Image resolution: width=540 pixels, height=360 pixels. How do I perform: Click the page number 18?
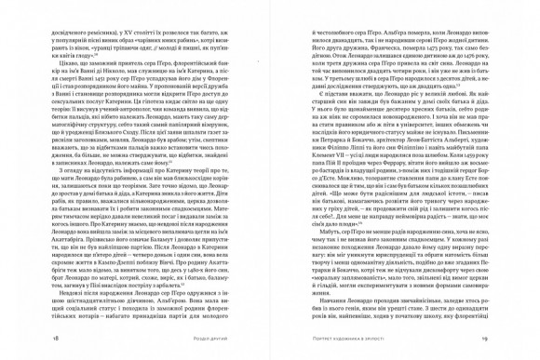[x=57, y=339]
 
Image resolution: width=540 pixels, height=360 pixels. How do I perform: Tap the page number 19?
[x=483, y=339]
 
